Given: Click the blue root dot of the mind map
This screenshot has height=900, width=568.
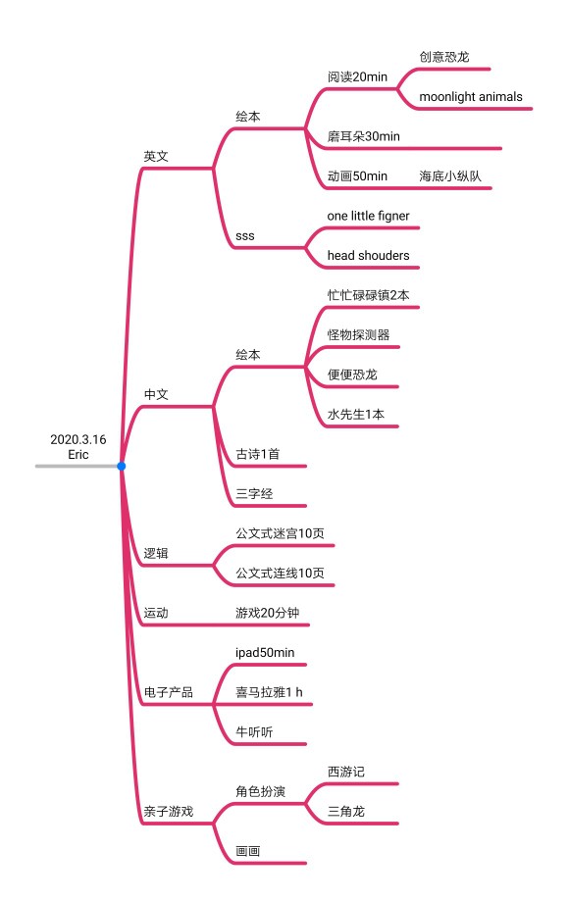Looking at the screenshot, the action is pyautogui.click(x=122, y=466).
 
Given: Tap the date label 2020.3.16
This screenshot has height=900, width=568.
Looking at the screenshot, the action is pyautogui.click(x=78, y=439).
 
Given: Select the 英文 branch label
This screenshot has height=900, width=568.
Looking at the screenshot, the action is pyautogui.click(x=156, y=156).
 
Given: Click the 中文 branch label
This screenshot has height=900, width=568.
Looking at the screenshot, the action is pyautogui.click(x=156, y=394).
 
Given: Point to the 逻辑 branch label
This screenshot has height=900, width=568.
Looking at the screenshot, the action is pyautogui.click(x=156, y=553).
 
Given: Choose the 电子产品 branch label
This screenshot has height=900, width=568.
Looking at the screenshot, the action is pyautogui.click(x=169, y=692).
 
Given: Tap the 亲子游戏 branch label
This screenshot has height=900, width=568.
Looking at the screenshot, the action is pyautogui.click(x=169, y=811).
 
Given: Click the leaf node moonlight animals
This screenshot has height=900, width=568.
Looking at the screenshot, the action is pyautogui.click(x=471, y=96).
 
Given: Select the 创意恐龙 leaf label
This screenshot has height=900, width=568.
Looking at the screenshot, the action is pyautogui.click(x=444, y=57).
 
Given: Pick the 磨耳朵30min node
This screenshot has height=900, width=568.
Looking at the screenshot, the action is pyautogui.click(x=364, y=136).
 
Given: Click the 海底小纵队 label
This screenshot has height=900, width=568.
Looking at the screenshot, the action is pyautogui.click(x=449, y=175).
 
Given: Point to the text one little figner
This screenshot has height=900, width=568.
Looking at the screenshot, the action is pyautogui.click(x=368, y=216).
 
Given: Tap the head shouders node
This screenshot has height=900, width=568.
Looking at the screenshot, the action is pyautogui.click(x=368, y=256).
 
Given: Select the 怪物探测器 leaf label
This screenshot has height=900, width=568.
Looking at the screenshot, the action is pyautogui.click(x=358, y=334).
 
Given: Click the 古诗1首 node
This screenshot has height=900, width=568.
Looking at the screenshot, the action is pyautogui.click(x=257, y=454).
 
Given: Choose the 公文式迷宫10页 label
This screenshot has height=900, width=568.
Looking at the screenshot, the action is pyautogui.click(x=280, y=533).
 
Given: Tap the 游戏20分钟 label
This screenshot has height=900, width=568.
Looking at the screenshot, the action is pyautogui.click(x=267, y=613).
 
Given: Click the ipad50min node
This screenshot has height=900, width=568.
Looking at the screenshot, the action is pyautogui.click(x=265, y=653).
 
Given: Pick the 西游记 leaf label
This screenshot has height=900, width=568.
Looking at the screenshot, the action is pyautogui.click(x=345, y=772).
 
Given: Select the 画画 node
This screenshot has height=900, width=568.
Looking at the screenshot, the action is pyautogui.click(x=247, y=851).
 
